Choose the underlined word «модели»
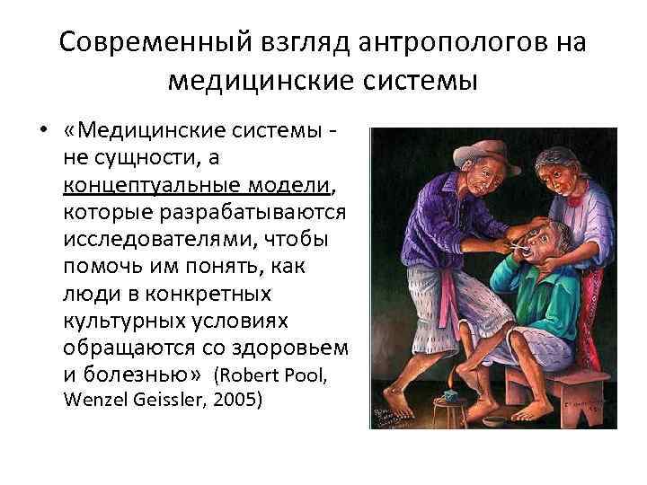pos(287,185)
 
